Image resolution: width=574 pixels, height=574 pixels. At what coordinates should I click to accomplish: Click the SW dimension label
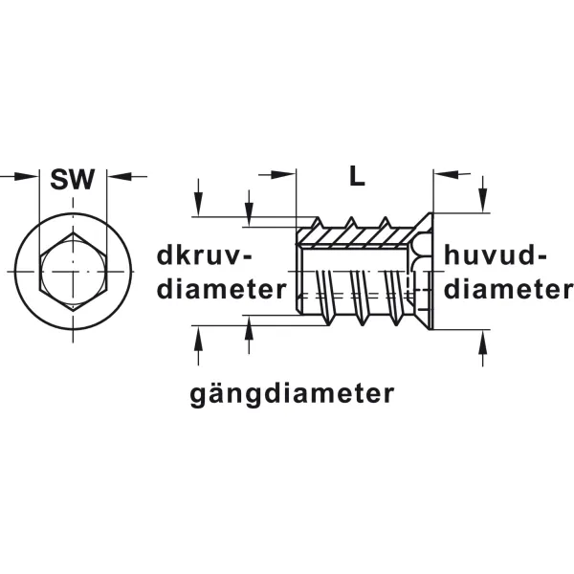coord(73,180)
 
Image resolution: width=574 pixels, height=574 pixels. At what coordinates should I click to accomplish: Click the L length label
coord(357,176)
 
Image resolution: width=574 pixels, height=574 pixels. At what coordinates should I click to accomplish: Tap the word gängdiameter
coord(292,394)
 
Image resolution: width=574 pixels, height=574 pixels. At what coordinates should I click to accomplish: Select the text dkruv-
coord(205,255)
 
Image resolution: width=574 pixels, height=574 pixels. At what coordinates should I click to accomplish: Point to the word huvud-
coord(495,255)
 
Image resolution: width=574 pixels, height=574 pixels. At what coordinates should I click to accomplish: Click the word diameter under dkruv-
coord(222,290)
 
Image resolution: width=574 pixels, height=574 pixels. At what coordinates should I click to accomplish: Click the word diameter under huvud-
coord(508,290)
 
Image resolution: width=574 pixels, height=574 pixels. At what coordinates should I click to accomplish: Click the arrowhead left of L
coord(283,175)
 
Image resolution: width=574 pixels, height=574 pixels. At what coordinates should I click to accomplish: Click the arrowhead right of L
coord(446,175)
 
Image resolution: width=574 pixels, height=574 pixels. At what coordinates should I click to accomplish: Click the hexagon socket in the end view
coord(74,272)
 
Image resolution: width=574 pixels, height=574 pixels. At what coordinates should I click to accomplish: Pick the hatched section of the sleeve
coord(357,237)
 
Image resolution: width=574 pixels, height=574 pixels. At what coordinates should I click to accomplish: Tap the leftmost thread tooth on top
coord(317,223)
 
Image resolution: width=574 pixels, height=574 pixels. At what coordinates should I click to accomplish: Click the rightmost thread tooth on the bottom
coord(396,320)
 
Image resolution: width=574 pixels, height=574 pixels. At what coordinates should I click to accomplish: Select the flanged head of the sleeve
coord(425,272)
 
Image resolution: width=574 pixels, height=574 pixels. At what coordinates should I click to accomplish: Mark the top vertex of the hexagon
coord(74,232)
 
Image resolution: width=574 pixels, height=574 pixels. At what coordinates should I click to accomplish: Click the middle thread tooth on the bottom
coord(362,320)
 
